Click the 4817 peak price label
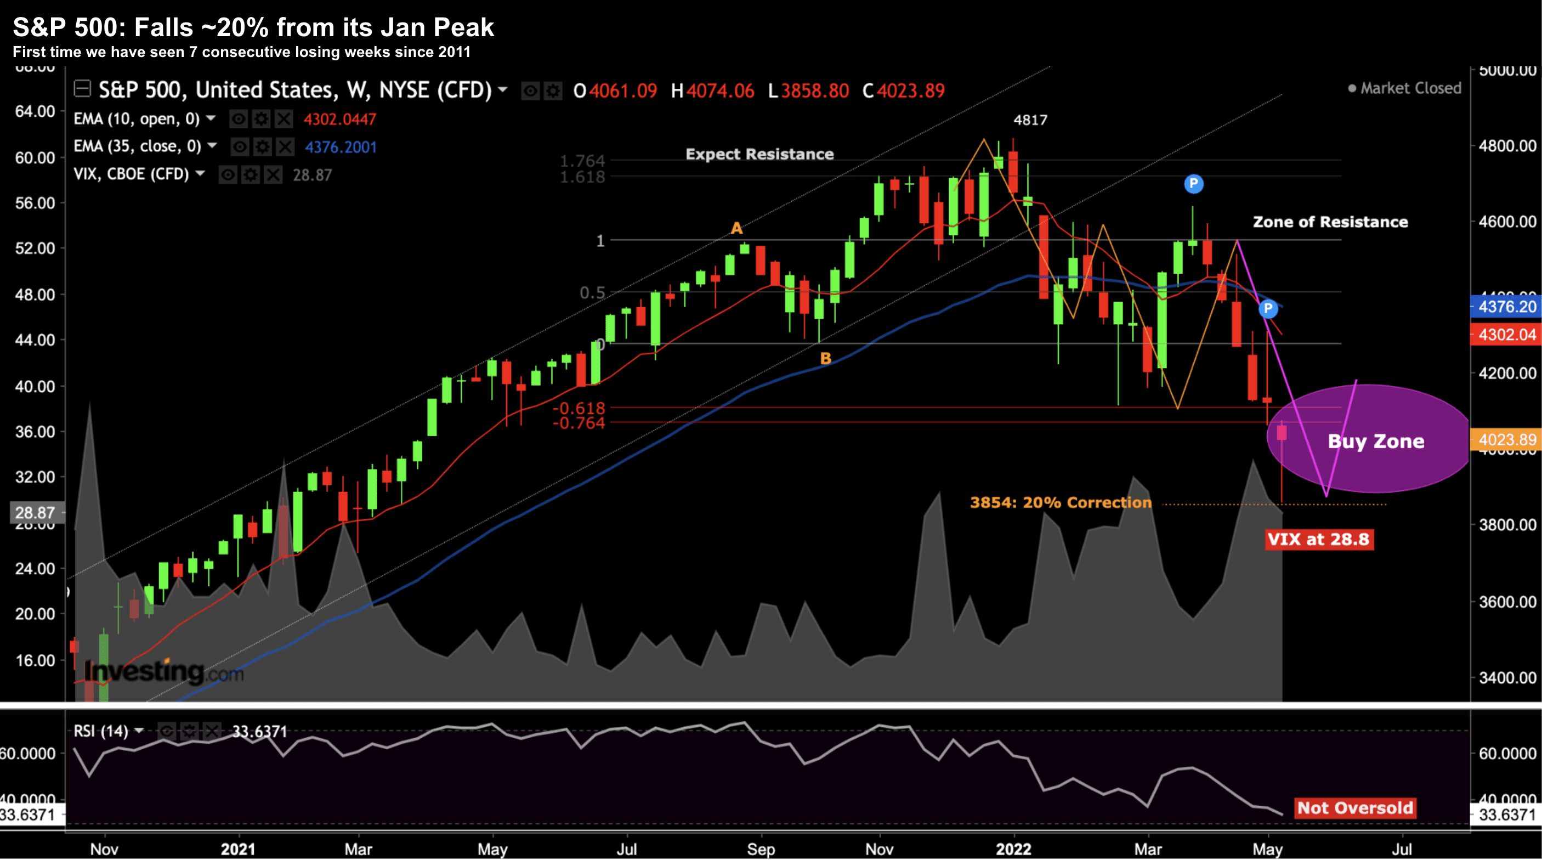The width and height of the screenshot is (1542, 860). (1030, 120)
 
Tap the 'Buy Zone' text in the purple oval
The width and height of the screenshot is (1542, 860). (1376, 442)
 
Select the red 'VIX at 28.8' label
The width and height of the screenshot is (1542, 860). (1318, 539)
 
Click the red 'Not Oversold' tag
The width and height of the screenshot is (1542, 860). (1354, 808)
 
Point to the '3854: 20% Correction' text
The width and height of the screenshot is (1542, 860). (1060, 502)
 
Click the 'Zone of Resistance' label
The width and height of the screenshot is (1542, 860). (1330, 222)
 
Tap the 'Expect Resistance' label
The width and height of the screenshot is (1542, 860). (759, 155)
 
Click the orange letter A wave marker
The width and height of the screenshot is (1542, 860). (736, 228)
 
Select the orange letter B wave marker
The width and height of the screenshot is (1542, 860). (825, 358)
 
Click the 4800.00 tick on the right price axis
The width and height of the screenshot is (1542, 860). (1507, 146)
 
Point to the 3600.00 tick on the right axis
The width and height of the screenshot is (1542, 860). (1507, 602)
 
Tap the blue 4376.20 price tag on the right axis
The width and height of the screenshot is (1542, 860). (1506, 307)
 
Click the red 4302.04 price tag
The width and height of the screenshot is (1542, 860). (1506, 334)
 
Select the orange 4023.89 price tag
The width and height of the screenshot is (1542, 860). (1506, 440)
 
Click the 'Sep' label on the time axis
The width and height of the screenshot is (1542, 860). (761, 849)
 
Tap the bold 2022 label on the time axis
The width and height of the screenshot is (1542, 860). (1013, 849)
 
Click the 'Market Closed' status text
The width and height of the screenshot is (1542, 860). (1410, 89)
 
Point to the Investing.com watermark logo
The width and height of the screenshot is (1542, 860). (163, 672)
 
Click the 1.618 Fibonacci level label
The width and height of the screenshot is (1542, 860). (582, 177)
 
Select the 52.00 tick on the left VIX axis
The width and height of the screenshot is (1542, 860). (35, 248)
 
